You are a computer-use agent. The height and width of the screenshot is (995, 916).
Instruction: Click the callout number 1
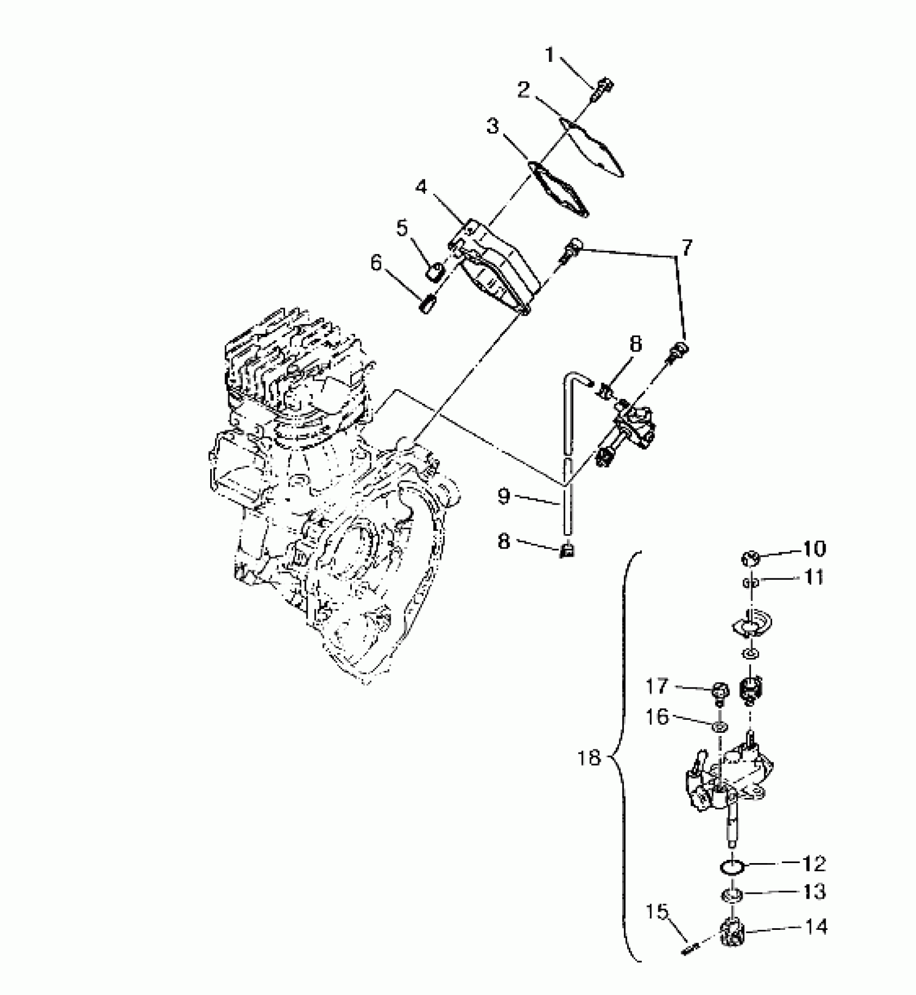[x=549, y=55]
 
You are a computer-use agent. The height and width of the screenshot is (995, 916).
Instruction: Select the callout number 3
[x=492, y=127]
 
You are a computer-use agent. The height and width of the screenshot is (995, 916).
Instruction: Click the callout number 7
[x=686, y=248]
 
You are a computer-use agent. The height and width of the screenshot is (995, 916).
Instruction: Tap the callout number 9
[x=504, y=496]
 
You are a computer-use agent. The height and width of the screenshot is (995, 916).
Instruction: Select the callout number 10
[x=814, y=549]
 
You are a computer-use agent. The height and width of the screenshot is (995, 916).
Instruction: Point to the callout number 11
[x=814, y=578]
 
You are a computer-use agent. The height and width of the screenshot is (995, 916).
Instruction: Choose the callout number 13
[x=814, y=892]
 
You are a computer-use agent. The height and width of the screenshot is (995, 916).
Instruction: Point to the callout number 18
[x=588, y=758]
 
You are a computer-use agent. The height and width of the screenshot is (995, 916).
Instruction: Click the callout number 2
[x=523, y=89]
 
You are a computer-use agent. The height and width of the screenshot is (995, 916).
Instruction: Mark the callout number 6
[x=376, y=263]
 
